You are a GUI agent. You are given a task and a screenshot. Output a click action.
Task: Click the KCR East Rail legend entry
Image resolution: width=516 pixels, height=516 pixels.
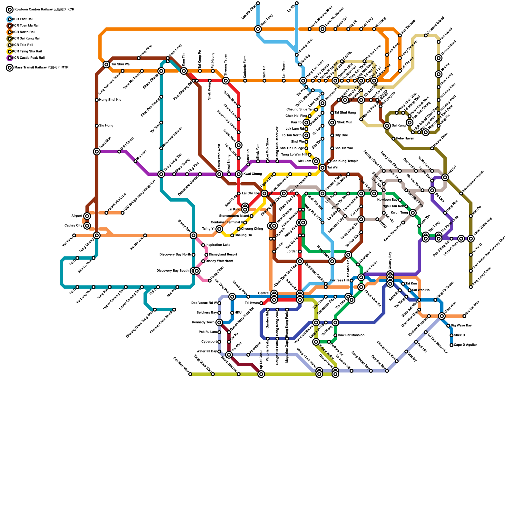pos(23,19)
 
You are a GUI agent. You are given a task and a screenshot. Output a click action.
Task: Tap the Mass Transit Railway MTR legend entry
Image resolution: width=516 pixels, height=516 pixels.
pos(41,68)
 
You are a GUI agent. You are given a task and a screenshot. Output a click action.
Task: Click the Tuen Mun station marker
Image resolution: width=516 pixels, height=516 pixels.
pos(97,152)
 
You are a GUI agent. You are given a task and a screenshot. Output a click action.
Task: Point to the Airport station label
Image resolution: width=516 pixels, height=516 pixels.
pos(77,216)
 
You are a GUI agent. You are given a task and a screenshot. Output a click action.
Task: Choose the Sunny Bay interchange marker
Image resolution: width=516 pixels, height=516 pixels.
pos(193,235)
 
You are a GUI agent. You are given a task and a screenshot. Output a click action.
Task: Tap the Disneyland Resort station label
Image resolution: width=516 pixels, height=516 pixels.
pos(223,255)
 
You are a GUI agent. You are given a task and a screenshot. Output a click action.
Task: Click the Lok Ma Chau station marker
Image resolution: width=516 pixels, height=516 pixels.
pos(258,3)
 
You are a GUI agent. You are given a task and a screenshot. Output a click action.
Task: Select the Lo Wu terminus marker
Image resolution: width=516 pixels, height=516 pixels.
pos(297,3)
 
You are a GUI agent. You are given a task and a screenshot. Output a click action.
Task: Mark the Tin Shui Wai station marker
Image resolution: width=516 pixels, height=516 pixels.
pos(106,64)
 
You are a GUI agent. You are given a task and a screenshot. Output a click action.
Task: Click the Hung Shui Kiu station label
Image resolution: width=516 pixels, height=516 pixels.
pos(110,100)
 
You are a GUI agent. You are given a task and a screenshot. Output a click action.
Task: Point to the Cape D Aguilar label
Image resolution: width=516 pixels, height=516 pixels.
pos(465,345)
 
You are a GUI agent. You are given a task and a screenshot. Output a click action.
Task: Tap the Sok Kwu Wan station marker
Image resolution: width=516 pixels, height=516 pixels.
pos(190,374)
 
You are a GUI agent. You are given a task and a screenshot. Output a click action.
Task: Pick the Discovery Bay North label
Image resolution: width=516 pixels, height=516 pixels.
pos(175,255)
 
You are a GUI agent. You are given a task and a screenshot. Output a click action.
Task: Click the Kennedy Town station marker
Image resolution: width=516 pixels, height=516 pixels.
pos(219,322)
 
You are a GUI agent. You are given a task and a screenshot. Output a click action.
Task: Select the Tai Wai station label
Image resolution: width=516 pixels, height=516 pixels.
pos(332,168)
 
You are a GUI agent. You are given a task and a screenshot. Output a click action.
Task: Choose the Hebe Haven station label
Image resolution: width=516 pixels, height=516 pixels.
pos(405,139)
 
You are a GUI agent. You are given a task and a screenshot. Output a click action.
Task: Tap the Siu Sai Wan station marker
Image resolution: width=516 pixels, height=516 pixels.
pos(464,316)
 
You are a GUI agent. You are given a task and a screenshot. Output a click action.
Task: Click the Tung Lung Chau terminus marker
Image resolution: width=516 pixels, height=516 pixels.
pos(471,287)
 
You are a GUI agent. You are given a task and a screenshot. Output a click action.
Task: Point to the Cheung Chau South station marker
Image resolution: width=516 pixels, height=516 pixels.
pos(174,310)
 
